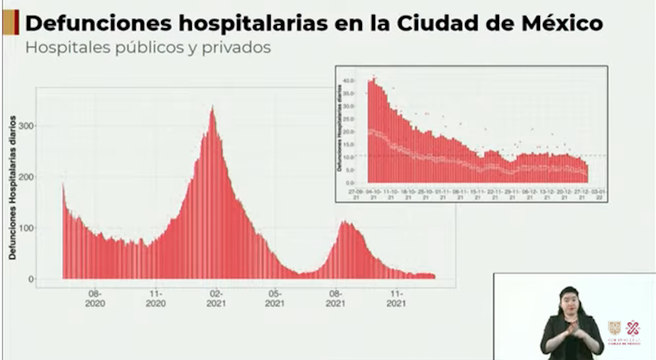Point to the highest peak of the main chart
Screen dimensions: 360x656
point(212,108)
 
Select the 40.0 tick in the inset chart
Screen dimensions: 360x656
point(350,80)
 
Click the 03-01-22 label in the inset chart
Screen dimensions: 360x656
point(599,194)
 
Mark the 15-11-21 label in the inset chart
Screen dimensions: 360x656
point(477,194)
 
